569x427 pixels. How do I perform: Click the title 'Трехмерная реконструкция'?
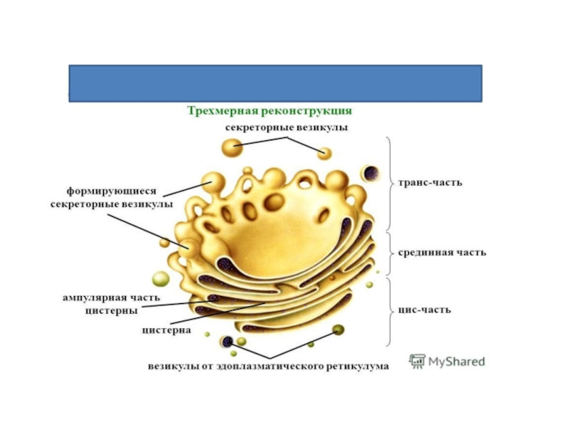(270, 112)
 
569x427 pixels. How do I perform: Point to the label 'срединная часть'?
(441, 253)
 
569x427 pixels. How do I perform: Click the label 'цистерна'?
(164, 330)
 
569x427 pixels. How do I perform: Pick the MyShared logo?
(447, 361)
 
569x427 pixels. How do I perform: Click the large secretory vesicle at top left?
(232, 148)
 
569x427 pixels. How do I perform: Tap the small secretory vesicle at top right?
(324, 153)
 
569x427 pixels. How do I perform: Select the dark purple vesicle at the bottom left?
(228, 342)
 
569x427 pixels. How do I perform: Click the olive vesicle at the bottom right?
(339, 330)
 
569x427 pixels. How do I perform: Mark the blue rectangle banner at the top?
(275, 83)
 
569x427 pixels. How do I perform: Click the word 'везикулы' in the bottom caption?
(174, 367)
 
